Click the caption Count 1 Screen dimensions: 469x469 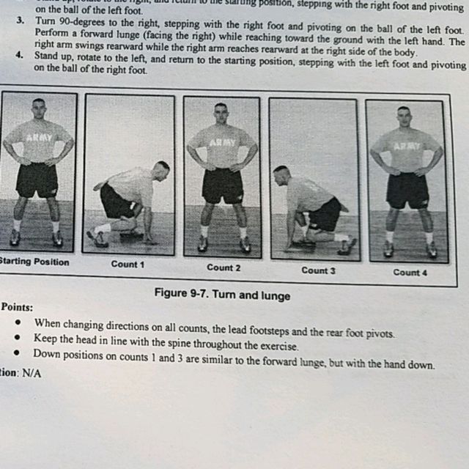click(128, 264)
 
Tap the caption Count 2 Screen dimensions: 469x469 click(224, 267)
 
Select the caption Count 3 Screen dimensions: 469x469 click(319, 270)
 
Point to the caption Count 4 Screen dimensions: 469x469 click(410, 272)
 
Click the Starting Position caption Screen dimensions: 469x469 click(33, 262)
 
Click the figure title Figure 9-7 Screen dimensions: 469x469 click(222, 295)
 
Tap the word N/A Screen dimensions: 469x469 click(32, 372)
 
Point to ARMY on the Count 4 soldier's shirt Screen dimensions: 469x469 click(407, 146)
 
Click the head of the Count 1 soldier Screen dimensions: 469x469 click(162, 170)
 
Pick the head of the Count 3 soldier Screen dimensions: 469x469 click(281, 174)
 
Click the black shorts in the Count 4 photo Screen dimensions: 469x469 click(407, 190)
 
